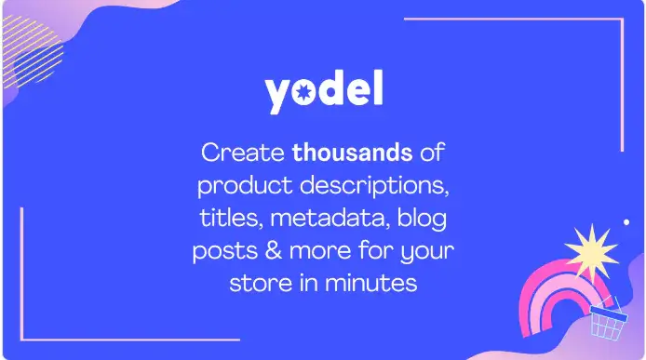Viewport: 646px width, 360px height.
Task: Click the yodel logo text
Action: [323, 93]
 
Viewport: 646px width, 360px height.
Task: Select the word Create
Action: [244, 151]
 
